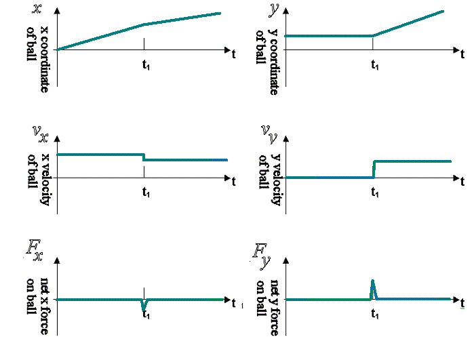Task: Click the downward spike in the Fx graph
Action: click(144, 306)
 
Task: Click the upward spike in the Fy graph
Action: click(373, 288)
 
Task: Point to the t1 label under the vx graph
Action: click(146, 193)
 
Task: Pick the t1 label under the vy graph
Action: click(374, 193)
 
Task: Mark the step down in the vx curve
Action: click(144, 157)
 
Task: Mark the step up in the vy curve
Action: click(374, 169)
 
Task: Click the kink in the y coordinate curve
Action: click(374, 35)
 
